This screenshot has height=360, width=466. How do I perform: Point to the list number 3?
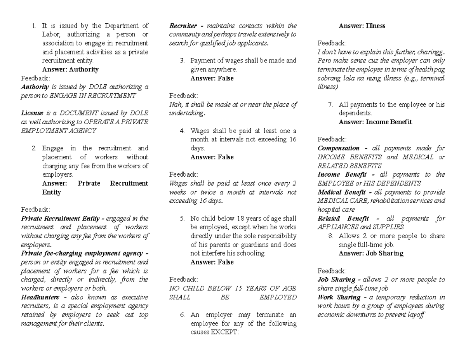(x=182, y=61)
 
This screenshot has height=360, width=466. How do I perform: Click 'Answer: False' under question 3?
(x=212, y=78)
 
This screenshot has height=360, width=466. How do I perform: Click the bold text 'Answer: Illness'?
(x=362, y=26)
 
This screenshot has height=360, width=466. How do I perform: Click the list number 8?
(x=330, y=236)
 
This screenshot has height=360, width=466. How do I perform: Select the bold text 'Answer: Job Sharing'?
(x=371, y=253)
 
